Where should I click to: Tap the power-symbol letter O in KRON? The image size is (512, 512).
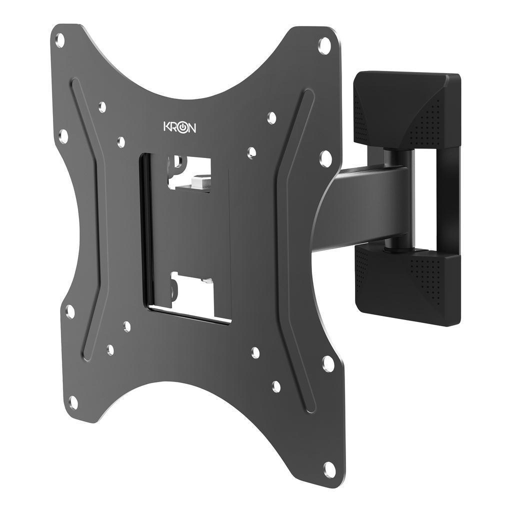(183, 127)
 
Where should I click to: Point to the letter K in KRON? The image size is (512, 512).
(167, 126)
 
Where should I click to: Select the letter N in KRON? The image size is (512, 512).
(192, 128)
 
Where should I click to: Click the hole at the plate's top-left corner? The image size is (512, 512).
(60, 38)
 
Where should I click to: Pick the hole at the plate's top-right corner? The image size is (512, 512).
(324, 45)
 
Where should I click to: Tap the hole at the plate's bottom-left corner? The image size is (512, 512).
(73, 401)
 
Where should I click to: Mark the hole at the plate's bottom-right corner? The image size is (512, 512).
(329, 468)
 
